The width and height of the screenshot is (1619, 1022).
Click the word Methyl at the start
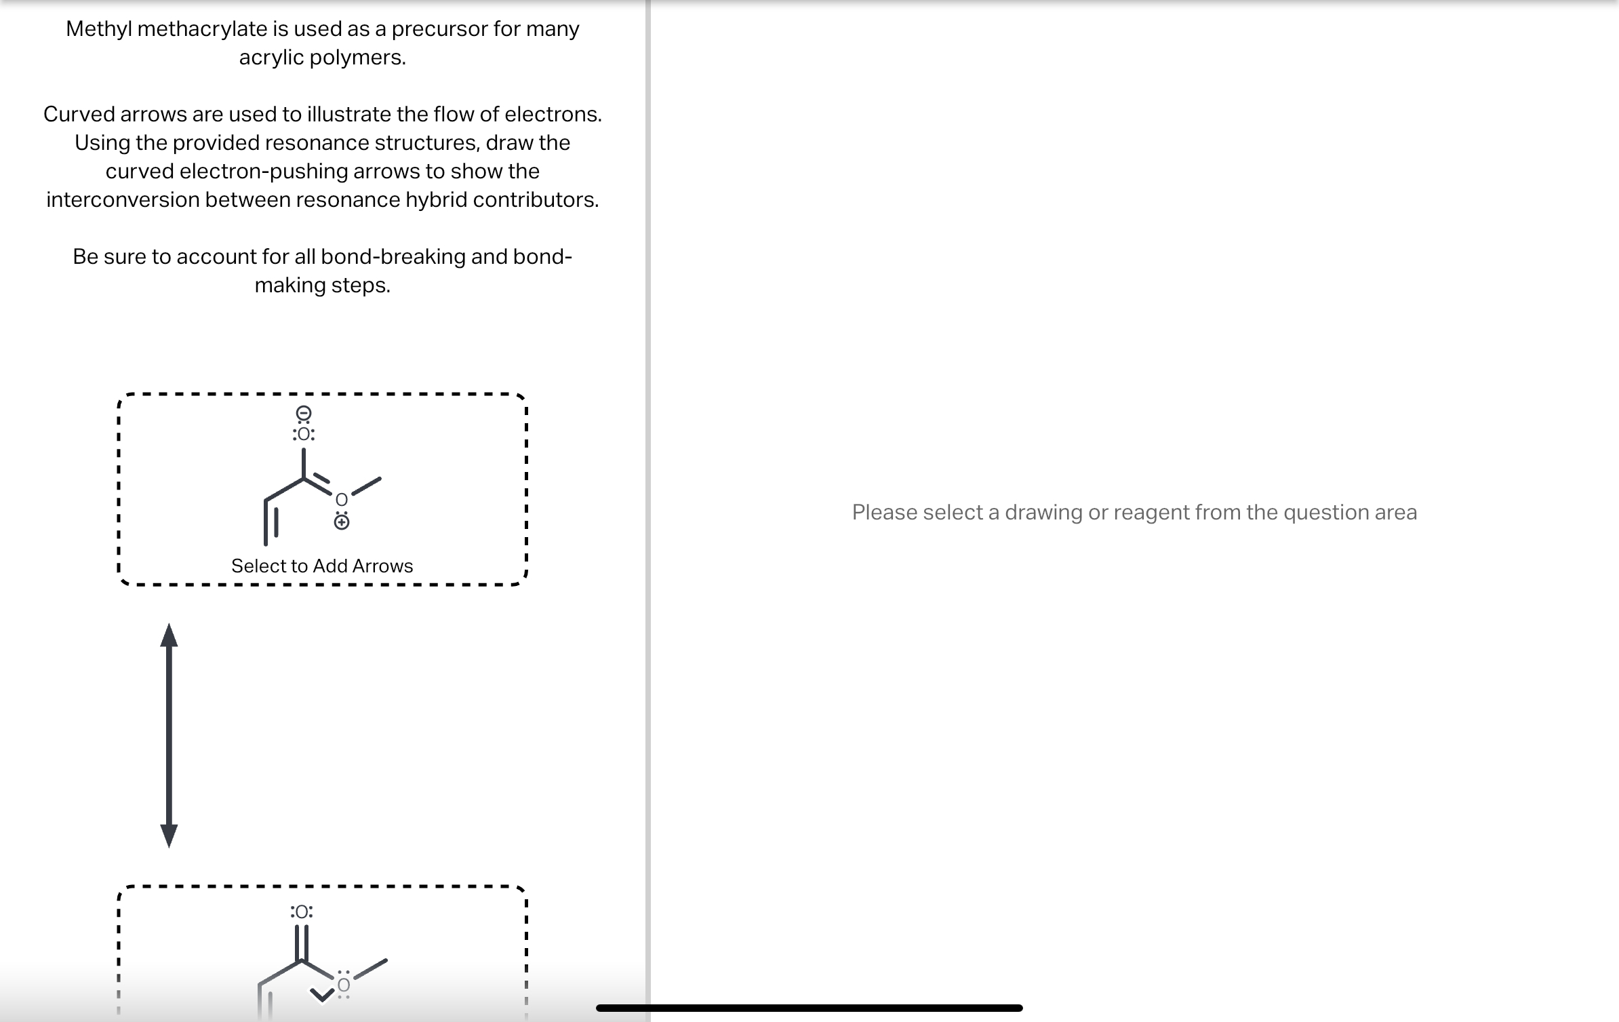[99, 29]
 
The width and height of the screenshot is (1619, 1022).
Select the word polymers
[357, 58]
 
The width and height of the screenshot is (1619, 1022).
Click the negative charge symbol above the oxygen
[304, 413]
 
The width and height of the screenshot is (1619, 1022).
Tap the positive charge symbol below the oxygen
[342, 522]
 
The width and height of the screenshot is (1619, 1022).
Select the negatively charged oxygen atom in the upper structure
[304, 434]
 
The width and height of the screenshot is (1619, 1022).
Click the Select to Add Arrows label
[322, 566]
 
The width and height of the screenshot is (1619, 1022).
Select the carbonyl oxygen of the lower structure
[302, 912]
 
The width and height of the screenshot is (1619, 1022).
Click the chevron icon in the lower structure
[323, 995]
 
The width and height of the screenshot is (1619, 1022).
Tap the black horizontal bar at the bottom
[809, 1008]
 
